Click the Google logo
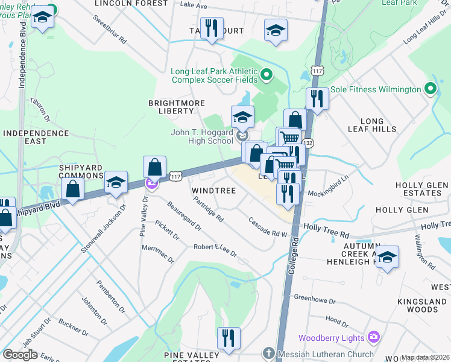tap(20, 355)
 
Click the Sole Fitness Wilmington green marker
tap(430, 89)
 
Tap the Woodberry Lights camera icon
tap(373, 337)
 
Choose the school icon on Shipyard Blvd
tap(115, 182)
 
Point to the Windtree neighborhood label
tap(212, 190)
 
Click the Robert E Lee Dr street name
tap(215, 250)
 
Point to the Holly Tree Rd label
tap(326, 228)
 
